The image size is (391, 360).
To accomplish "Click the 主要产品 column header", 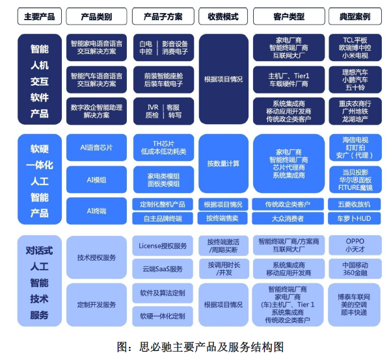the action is pyautogui.click(x=40, y=16).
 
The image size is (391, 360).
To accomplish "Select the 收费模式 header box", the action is pyautogui.click(x=223, y=16).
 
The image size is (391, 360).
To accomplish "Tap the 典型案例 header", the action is pyautogui.click(x=355, y=16).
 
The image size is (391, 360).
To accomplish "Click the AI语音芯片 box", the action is pyautogui.click(x=96, y=148).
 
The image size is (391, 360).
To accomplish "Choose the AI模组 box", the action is pyautogui.click(x=96, y=179).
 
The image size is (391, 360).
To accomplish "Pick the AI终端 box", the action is pyautogui.click(x=96, y=211).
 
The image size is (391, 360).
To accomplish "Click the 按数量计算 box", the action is pyautogui.click(x=223, y=164).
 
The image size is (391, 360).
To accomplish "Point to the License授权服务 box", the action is pyautogui.click(x=163, y=246).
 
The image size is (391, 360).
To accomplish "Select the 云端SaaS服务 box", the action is pyautogui.click(x=163, y=269).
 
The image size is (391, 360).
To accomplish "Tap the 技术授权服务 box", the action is pyautogui.click(x=96, y=257).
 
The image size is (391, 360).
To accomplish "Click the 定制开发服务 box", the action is pyautogui.click(x=96, y=305).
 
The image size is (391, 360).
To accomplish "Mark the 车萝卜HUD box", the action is pyautogui.click(x=354, y=218).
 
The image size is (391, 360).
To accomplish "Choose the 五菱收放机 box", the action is pyautogui.click(x=354, y=204).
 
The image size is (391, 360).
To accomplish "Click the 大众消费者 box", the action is pyautogui.click(x=288, y=218).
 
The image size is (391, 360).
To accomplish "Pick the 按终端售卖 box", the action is pyautogui.click(x=222, y=218).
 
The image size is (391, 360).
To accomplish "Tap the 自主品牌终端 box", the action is pyautogui.click(x=163, y=218).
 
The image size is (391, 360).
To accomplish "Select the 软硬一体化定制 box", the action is pyautogui.click(x=163, y=316).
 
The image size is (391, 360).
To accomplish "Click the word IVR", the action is pyautogui.click(x=153, y=107).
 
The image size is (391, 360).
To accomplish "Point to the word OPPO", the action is pyautogui.click(x=355, y=241).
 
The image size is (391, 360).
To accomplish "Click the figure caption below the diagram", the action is pyautogui.click(x=200, y=346).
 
